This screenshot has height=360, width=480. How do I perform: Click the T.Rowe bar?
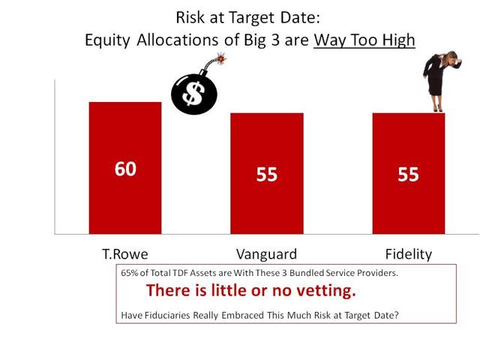click(x=125, y=168)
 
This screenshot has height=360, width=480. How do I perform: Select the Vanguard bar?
click(x=267, y=173)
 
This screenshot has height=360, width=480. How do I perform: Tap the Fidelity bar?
click(x=409, y=173)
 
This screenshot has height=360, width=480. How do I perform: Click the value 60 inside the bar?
click(x=125, y=169)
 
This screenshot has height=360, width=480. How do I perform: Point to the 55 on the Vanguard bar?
click(x=267, y=175)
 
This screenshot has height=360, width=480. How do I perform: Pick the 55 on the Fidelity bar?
click(x=408, y=175)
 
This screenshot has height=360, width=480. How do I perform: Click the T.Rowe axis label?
click(x=125, y=254)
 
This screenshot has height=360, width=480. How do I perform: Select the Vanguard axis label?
click(x=267, y=255)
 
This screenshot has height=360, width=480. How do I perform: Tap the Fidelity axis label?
click(x=409, y=254)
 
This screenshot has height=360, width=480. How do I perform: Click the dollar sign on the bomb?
click(x=193, y=94)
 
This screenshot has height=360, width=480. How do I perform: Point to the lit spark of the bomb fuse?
click(x=221, y=58)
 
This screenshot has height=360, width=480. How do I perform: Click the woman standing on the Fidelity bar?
click(x=441, y=81)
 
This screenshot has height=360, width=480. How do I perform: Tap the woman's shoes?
click(x=438, y=108)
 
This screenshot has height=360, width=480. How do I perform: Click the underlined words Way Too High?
click(x=364, y=40)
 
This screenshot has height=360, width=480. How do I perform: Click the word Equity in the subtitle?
click(x=107, y=40)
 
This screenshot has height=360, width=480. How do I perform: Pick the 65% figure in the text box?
click(x=129, y=273)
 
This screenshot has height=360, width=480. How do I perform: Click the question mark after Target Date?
click(x=397, y=315)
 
